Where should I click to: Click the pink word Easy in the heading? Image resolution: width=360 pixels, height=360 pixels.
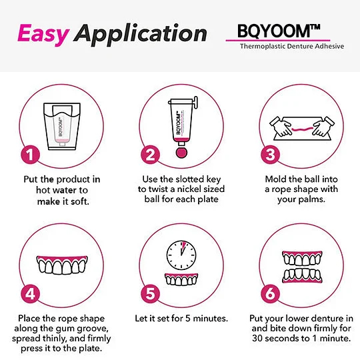(x=43, y=35)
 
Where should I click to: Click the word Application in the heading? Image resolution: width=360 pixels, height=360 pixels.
(x=140, y=35)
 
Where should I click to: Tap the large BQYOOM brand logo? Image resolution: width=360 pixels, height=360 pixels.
(x=278, y=31)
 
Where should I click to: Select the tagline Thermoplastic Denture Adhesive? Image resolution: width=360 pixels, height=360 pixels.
(x=292, y=46)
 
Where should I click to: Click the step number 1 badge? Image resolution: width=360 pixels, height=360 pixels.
(x=30, y=155)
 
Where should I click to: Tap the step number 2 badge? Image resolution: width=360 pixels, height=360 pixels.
(x=150, y=155)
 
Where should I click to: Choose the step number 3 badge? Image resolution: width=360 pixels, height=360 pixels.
(x=270, y=155)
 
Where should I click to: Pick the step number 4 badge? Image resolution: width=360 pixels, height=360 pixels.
(x=30, y=293)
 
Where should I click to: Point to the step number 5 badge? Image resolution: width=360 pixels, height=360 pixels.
(x=150, y=293)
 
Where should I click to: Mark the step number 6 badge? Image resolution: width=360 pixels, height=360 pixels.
(x=270, y=293)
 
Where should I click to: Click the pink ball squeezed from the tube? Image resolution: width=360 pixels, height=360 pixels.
(x=181, y=153)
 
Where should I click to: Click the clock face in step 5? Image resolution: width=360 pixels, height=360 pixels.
(x=181, y=255)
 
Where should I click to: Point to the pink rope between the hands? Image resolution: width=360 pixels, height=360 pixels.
(x=302, y=129)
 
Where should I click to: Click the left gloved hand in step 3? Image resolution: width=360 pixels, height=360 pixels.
(x=281, y=126)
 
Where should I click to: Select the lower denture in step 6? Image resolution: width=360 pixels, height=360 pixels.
(x=302, y=275)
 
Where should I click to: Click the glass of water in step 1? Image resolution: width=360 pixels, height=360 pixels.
(x=62, y=126)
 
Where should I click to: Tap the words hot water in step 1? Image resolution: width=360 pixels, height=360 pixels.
(x=62, y=190)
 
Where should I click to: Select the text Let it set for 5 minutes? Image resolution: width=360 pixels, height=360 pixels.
(x=181, y=318)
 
